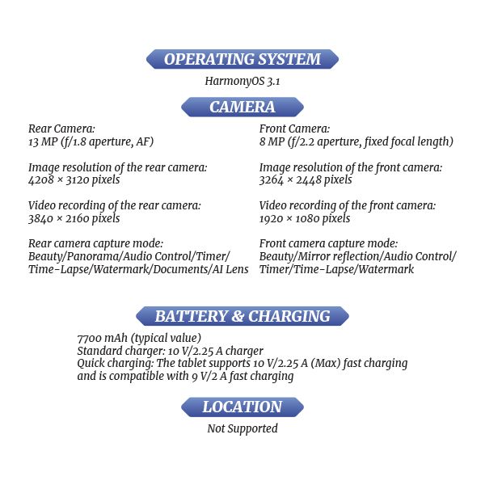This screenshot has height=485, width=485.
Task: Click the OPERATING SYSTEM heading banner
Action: (242, 59)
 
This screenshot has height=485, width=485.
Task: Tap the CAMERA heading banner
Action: (242, 107)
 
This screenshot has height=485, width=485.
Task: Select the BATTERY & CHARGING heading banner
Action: (242, 316)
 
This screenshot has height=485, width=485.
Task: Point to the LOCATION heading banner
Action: (242, 407)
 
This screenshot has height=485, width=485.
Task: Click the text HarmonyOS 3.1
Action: (242, 81)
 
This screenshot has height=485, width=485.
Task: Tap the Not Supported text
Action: (242, 428)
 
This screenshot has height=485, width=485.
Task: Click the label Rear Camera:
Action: (61, 129)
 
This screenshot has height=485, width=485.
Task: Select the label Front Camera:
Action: (294, 129)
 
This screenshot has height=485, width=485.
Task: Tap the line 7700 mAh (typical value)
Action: (139, 338)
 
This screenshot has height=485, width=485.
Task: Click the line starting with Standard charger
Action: (170, 351)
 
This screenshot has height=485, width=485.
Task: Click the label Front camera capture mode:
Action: (328, 243)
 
